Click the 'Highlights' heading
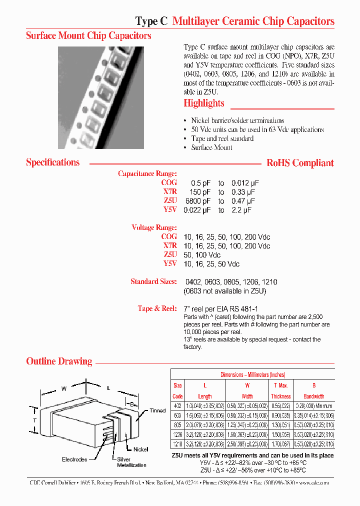[x=203, y=103]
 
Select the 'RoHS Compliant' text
[x=300, y=163]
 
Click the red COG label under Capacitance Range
[x=169, y=183]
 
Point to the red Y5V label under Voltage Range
[x=170, y=263]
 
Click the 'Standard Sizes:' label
[x=153, y=281]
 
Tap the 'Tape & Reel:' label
[x=157, y=308]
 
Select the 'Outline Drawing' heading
[x=59, y=361]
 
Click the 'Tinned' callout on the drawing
[x=157, y=410]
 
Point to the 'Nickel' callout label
[x=140, y=449]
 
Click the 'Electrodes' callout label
[x=74, y=459]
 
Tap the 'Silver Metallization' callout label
[x=131, y=462]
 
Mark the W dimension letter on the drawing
[x=63, y=388]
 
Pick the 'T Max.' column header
[x=281, y=385]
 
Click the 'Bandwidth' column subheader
[x=314, y=396]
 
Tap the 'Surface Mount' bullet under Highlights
[x=211, y=147]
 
